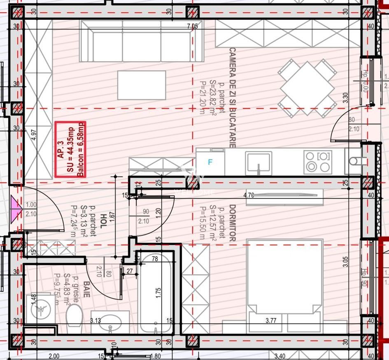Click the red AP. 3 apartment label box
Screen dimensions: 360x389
[x=70, y=149]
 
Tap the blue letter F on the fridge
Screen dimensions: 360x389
[x=210, y=163]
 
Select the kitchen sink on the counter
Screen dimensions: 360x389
[x=259, y=162]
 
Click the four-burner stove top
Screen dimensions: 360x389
[x=317, y=161]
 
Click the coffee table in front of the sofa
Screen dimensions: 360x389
[x=142, y=85]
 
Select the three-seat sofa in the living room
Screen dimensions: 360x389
[x=142, y=41]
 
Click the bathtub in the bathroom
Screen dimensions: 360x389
[x=155, y=292]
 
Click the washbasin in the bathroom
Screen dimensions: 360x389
[x=110, y=322]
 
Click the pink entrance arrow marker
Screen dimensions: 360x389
[x=16, y=209]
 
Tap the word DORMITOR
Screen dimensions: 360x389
[x=233, y=223]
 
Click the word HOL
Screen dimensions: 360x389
[x=103, y=223]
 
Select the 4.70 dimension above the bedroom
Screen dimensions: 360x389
[x=249, y=195]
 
